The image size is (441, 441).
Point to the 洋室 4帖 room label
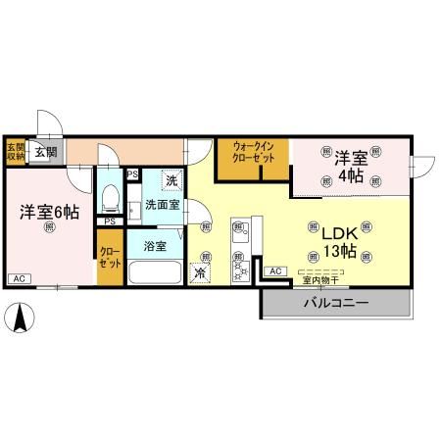[x=351, y=167]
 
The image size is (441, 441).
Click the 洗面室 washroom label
[x=161, y=205]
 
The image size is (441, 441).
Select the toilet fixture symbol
[x=110, y=197]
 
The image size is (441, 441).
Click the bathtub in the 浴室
[x=156, y=271]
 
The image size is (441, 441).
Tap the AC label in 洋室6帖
[x=18, y=279]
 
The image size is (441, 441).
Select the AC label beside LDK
[x=274, y=270]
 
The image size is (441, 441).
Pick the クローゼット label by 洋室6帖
[x=110, y=258]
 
